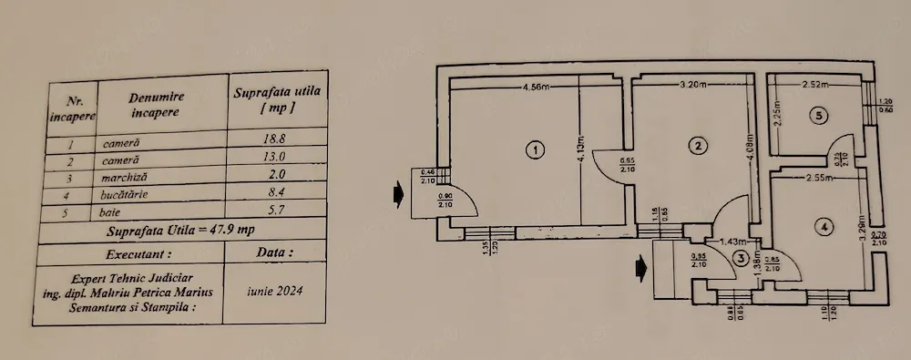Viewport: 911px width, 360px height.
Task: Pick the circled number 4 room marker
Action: (x=823, y=226)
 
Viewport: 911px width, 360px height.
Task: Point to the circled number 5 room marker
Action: (x=820, y=116)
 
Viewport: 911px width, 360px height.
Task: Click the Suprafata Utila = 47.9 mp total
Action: (x=179, y=231)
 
